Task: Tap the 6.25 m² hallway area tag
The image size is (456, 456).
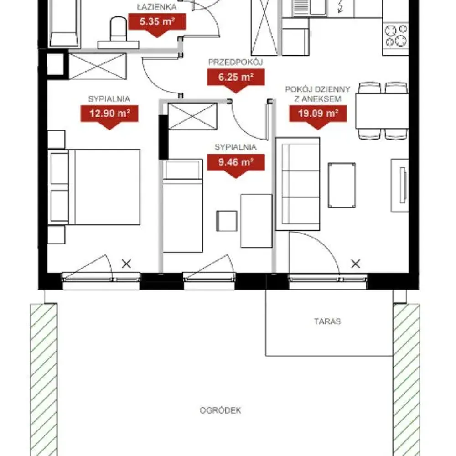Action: coord(236,78)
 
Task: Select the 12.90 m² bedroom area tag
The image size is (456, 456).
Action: coord(109,115)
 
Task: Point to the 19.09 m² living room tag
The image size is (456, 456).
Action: coord(318,115)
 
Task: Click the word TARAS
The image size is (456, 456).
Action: coord(327,321)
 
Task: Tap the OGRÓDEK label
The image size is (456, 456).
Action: coord(220,410)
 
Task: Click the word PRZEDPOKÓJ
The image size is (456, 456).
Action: coord(236,62)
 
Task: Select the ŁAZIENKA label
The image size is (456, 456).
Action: coord(157,7)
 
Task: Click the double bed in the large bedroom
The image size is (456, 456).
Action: coord(94,187)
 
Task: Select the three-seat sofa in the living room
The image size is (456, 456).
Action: coord(298,184)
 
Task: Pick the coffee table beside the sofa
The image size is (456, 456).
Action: coord(342,185)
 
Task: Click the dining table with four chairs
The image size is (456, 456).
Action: coord(382,110)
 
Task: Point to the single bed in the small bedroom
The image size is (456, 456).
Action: coord(183,206)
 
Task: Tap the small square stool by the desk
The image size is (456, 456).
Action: coord(227,221)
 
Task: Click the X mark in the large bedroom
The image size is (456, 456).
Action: coord(126,264)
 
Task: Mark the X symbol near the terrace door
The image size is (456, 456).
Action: coord(356,264)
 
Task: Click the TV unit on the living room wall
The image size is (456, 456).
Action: coord(400,185)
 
